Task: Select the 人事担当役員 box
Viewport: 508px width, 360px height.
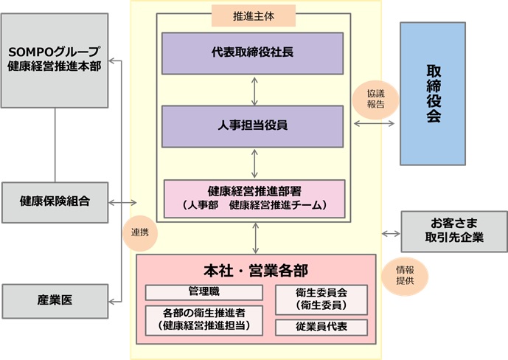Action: (x=253, y=125)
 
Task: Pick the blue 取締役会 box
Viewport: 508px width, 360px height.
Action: (x=433, y=94)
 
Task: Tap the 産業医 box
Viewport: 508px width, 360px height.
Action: (x=54, y=300)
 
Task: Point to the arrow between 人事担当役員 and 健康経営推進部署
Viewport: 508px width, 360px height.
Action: (x=254, y=162)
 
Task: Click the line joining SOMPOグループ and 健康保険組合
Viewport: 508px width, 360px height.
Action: (x=54, y=144)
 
